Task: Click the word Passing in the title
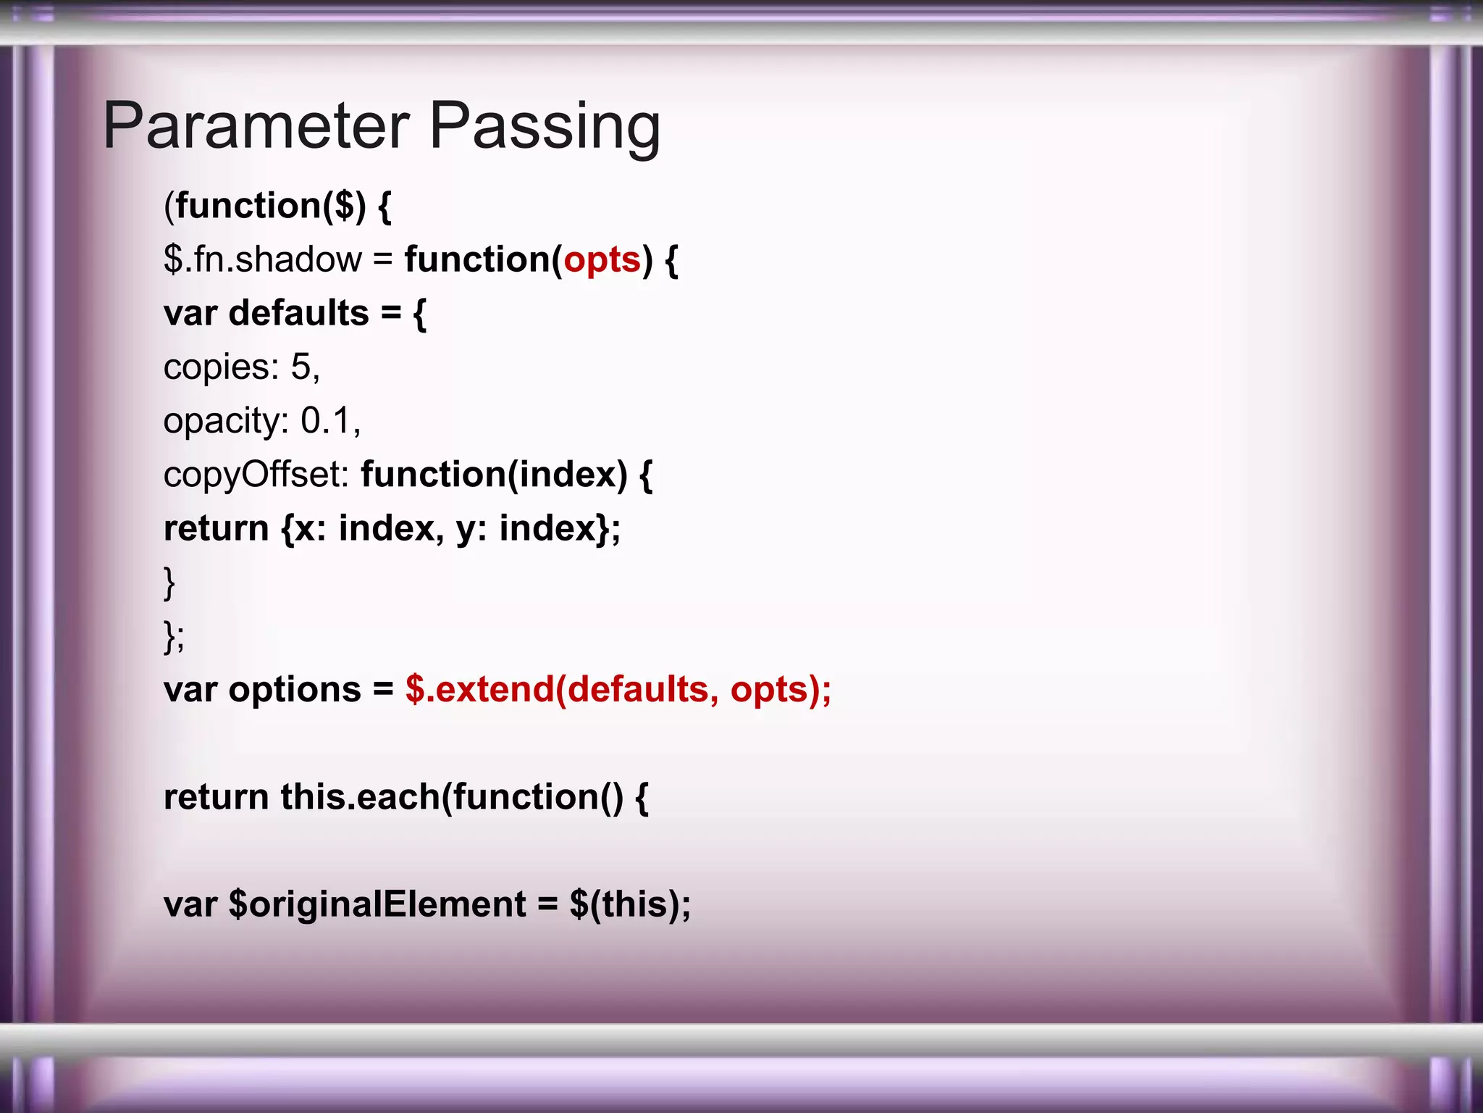(545, 126)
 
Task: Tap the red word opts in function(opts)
(602, 259)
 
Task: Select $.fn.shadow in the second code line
(262, 259)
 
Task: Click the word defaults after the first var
(298, 313)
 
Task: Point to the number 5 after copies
(301, 367)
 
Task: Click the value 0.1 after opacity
(326, 420)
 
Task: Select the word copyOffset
(256, 475)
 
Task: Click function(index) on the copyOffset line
(494, 475)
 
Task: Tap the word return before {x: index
(216, 528)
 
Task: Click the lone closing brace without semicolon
(169, 583)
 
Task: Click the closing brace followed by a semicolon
(174, 636)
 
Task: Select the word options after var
(295, 689)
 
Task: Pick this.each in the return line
(361, 797)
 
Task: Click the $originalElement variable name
(377, 904)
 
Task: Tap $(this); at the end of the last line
(630, 904)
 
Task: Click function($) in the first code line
(271, 206)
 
